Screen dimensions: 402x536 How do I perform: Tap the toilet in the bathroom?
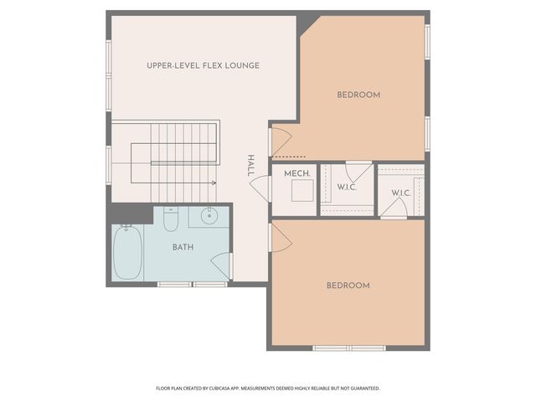pos(171,220)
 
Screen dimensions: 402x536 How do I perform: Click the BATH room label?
pos(183,247)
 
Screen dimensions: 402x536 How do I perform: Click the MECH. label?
pos(297,173)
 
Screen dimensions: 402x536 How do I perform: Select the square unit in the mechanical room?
pos(301,191)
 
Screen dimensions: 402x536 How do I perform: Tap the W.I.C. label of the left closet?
pos(347,187)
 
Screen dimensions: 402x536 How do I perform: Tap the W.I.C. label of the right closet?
pos(401,193)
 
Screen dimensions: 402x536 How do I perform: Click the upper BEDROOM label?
pos(358,95)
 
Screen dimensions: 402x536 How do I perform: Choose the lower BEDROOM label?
pos(348,286)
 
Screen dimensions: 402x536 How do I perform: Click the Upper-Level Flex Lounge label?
pos(203,65)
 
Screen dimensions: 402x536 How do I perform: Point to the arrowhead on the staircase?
pos(214,182)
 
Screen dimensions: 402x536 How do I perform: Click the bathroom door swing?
pos(222,266)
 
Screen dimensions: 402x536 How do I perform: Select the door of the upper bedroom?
pos(280,140)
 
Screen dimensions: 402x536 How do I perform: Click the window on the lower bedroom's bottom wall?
pos(348,348)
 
